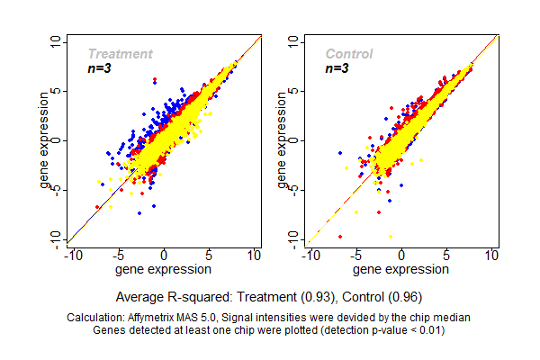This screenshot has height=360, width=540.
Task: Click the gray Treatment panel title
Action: [120, 54]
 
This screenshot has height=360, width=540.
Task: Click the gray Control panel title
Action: [349, 54]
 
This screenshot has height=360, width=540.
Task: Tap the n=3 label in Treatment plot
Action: [98, 68]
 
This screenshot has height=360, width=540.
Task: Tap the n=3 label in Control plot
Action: [337, 68]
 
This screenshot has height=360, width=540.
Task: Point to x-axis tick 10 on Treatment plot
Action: [254, 256]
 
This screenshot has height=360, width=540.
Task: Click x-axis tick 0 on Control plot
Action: [401, 256]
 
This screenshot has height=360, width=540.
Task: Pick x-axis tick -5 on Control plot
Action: [355, 256]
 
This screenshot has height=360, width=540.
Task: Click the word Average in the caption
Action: [139, 296]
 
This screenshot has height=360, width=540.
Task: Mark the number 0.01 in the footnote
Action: [428, 329]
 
